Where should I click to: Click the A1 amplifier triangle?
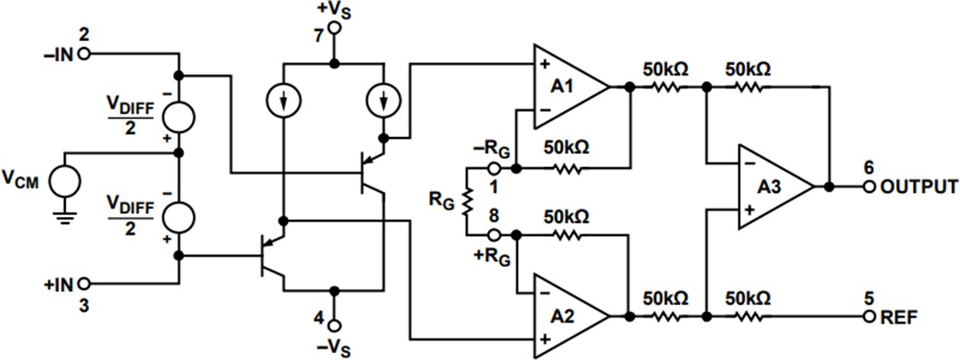click(x=567, y=87)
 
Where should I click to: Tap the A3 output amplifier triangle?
click(x=772, y=187)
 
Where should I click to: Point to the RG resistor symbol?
click(x=465, y=201)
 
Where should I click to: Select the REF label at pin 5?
click(x=900, y=317)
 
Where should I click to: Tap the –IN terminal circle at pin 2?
click(x=84, y=54)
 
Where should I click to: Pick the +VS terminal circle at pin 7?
click(x=334, y=28)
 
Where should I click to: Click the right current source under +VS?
click(x=385, y=103)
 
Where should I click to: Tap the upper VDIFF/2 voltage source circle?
click(x=179, y=118)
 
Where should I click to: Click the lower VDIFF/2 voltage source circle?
click(x=179, y=216)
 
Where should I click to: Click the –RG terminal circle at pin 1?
click(x=494, y=166)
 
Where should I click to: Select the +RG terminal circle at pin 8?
click(x=494, y=236)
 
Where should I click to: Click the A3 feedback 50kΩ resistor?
click(x=749, y=87)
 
